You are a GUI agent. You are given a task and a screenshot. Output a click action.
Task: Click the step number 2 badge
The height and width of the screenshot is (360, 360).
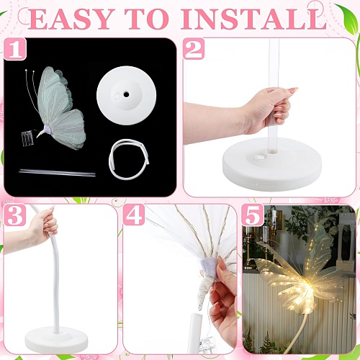pos(194,50)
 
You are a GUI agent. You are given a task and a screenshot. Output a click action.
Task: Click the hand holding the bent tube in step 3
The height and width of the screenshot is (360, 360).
pos(42,228)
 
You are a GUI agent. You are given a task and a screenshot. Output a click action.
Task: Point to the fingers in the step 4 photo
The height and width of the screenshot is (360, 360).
pos(227,288)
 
